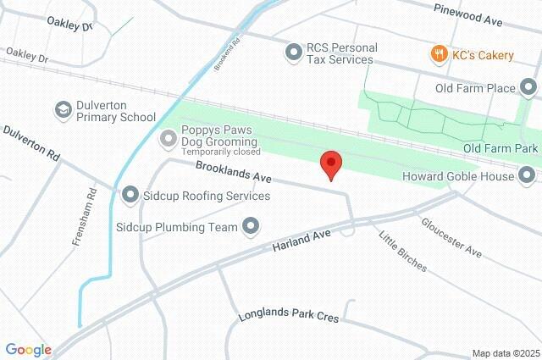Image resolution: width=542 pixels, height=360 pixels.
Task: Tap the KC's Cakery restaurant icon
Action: [x=439, y=55]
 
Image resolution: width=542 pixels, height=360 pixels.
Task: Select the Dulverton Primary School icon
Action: [x=63, y=110]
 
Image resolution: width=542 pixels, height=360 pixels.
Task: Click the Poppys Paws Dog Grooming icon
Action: [x=169, y=137]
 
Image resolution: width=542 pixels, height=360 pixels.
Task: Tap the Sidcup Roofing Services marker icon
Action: [x=130, y=196]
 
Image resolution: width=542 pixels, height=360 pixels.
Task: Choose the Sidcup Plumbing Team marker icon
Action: [x=251, y=226]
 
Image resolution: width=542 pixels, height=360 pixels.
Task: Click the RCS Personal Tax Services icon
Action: [x=294, y=53]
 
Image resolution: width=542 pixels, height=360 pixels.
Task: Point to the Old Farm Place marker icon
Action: [x=529, y=87]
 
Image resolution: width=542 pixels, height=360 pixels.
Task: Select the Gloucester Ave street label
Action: [x=451, y=236]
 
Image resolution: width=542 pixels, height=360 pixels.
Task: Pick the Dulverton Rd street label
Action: [x=31, y=143]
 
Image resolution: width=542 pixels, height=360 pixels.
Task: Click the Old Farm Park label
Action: [x=501, y=148]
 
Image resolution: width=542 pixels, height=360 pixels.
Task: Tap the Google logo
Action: [x=28, y=349]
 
